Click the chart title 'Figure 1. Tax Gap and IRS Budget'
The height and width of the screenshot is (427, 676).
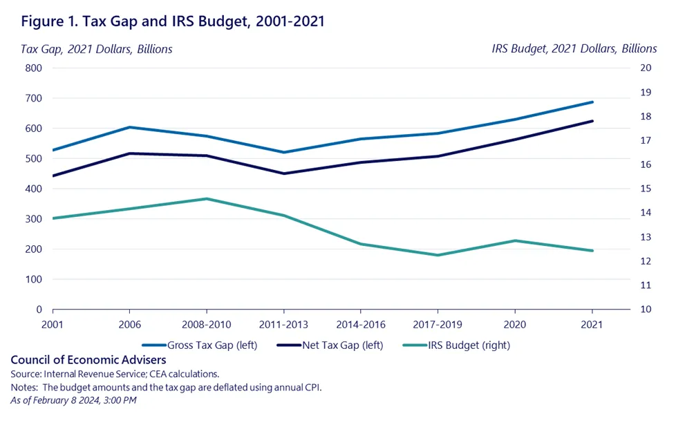173,21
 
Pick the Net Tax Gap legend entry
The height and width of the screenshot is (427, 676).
330,344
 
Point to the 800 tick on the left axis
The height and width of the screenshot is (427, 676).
33,68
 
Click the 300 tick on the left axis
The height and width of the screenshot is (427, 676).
33,219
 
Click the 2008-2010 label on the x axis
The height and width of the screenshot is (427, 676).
207,324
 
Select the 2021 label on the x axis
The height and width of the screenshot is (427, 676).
592,324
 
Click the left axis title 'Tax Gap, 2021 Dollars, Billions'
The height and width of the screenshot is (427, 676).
97,49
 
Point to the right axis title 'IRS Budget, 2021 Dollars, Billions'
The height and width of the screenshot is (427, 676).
574,49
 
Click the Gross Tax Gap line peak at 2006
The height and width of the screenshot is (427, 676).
129,127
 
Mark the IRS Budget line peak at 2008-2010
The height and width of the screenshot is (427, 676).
207,199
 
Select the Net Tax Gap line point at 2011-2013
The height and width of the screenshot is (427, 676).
284,173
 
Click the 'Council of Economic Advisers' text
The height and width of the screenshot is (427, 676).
88,360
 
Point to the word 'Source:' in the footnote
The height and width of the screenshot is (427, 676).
26,374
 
